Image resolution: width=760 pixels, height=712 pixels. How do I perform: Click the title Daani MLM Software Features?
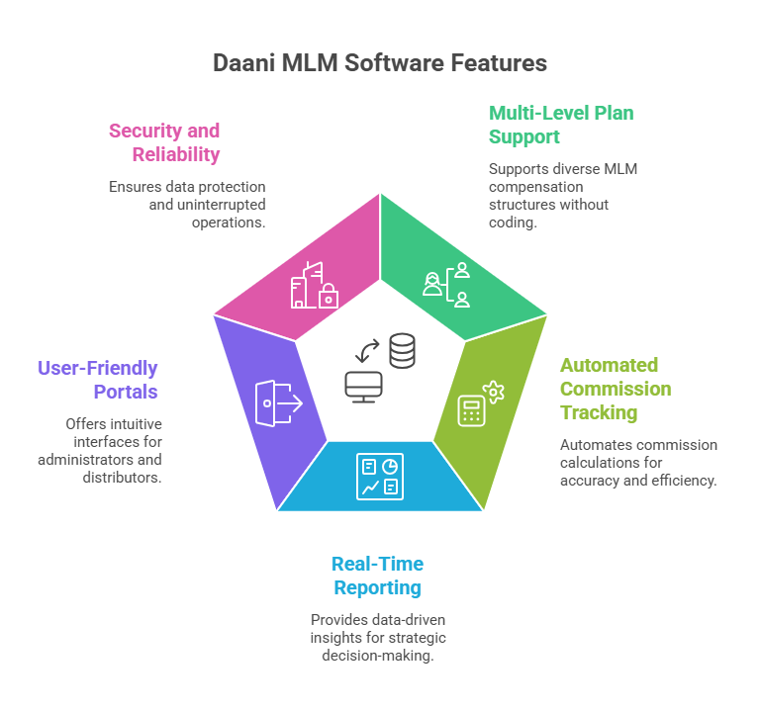(380, 63)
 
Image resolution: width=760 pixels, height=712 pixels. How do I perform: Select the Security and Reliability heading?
(164, 142)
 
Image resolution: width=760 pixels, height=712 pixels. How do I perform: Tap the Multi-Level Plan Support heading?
(561, 125)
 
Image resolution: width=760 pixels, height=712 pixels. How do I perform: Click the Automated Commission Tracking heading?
(616, 389)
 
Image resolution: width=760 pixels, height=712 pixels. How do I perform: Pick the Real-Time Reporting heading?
(377, 576)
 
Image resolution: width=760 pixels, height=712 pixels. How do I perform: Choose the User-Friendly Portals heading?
(98, 380)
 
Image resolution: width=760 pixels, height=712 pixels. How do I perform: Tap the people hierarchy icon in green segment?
(446, 285)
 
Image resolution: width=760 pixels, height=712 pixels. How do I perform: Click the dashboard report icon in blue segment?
(380, 476)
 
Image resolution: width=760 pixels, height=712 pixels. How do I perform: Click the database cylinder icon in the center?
(402, 351)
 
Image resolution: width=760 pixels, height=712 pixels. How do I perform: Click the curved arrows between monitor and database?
(367, 350)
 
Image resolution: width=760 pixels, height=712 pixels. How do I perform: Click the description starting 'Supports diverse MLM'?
(562, 196)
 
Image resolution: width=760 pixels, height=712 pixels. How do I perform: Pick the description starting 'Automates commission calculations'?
(637, 463)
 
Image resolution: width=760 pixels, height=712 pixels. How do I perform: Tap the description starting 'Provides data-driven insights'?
(377, 637)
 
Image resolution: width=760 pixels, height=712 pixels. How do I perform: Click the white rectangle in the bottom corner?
(677, 678)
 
